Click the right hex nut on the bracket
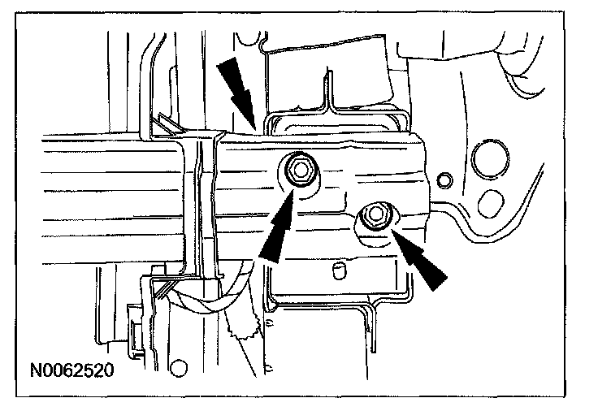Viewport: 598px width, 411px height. (375, 216)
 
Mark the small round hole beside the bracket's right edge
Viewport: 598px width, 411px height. (444, 177)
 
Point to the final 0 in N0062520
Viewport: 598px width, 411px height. (106, 371)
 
